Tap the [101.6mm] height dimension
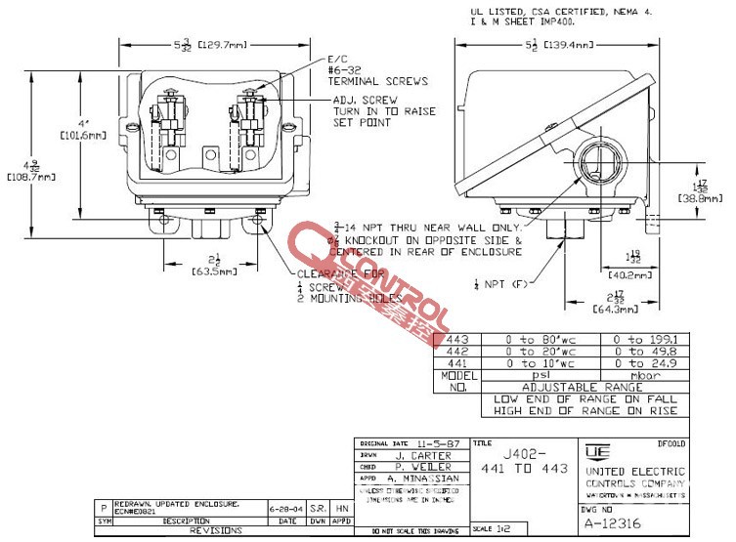(x=80, y=136)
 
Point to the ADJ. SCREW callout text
(x=363, y=100)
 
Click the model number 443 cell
(x=457, y=339)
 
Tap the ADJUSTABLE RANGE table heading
(x=584, y=387)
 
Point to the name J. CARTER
(x=421, y=455)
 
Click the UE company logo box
(x=594, y=452)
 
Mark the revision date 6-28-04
(x=283, y=510)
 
